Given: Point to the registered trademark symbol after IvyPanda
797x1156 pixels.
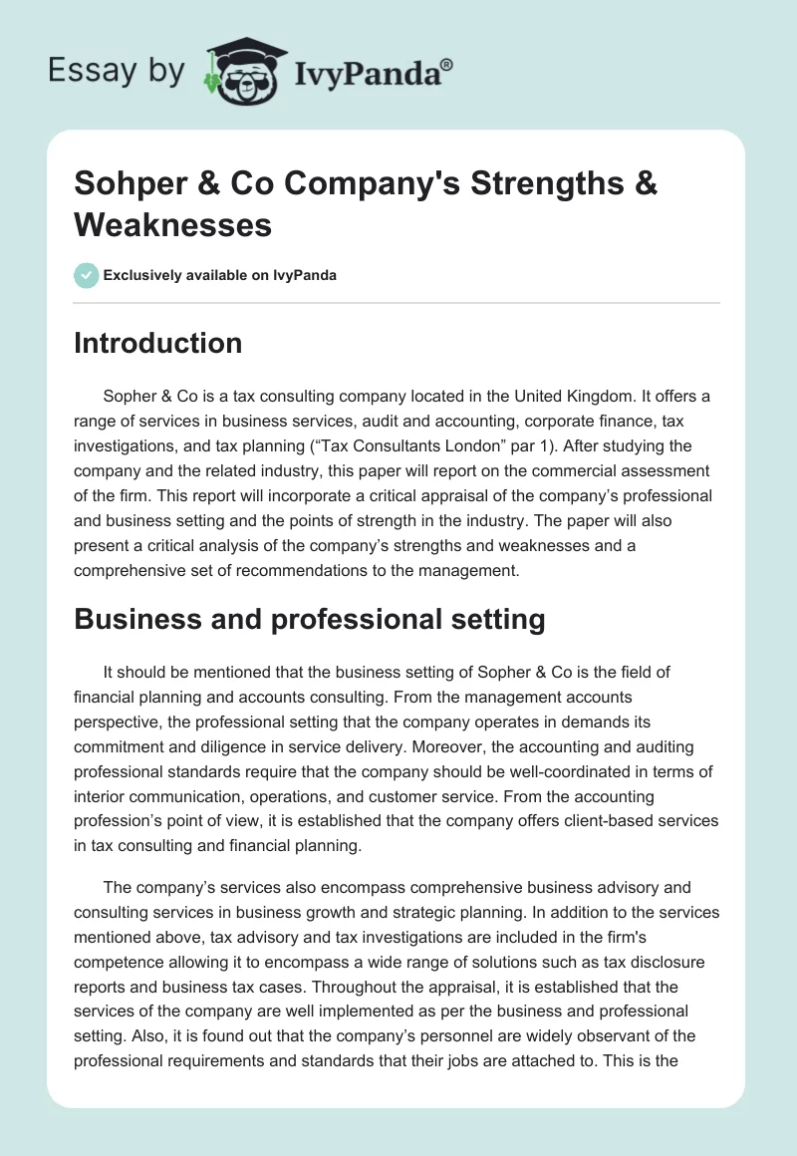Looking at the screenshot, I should coord(447,65).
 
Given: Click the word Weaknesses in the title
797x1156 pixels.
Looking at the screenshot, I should coord(172,225).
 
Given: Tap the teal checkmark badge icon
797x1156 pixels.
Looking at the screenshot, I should coord(87,276).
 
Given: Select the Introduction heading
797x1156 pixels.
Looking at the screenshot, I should coord(158,343).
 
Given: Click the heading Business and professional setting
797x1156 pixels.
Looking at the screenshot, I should coord(309,620).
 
